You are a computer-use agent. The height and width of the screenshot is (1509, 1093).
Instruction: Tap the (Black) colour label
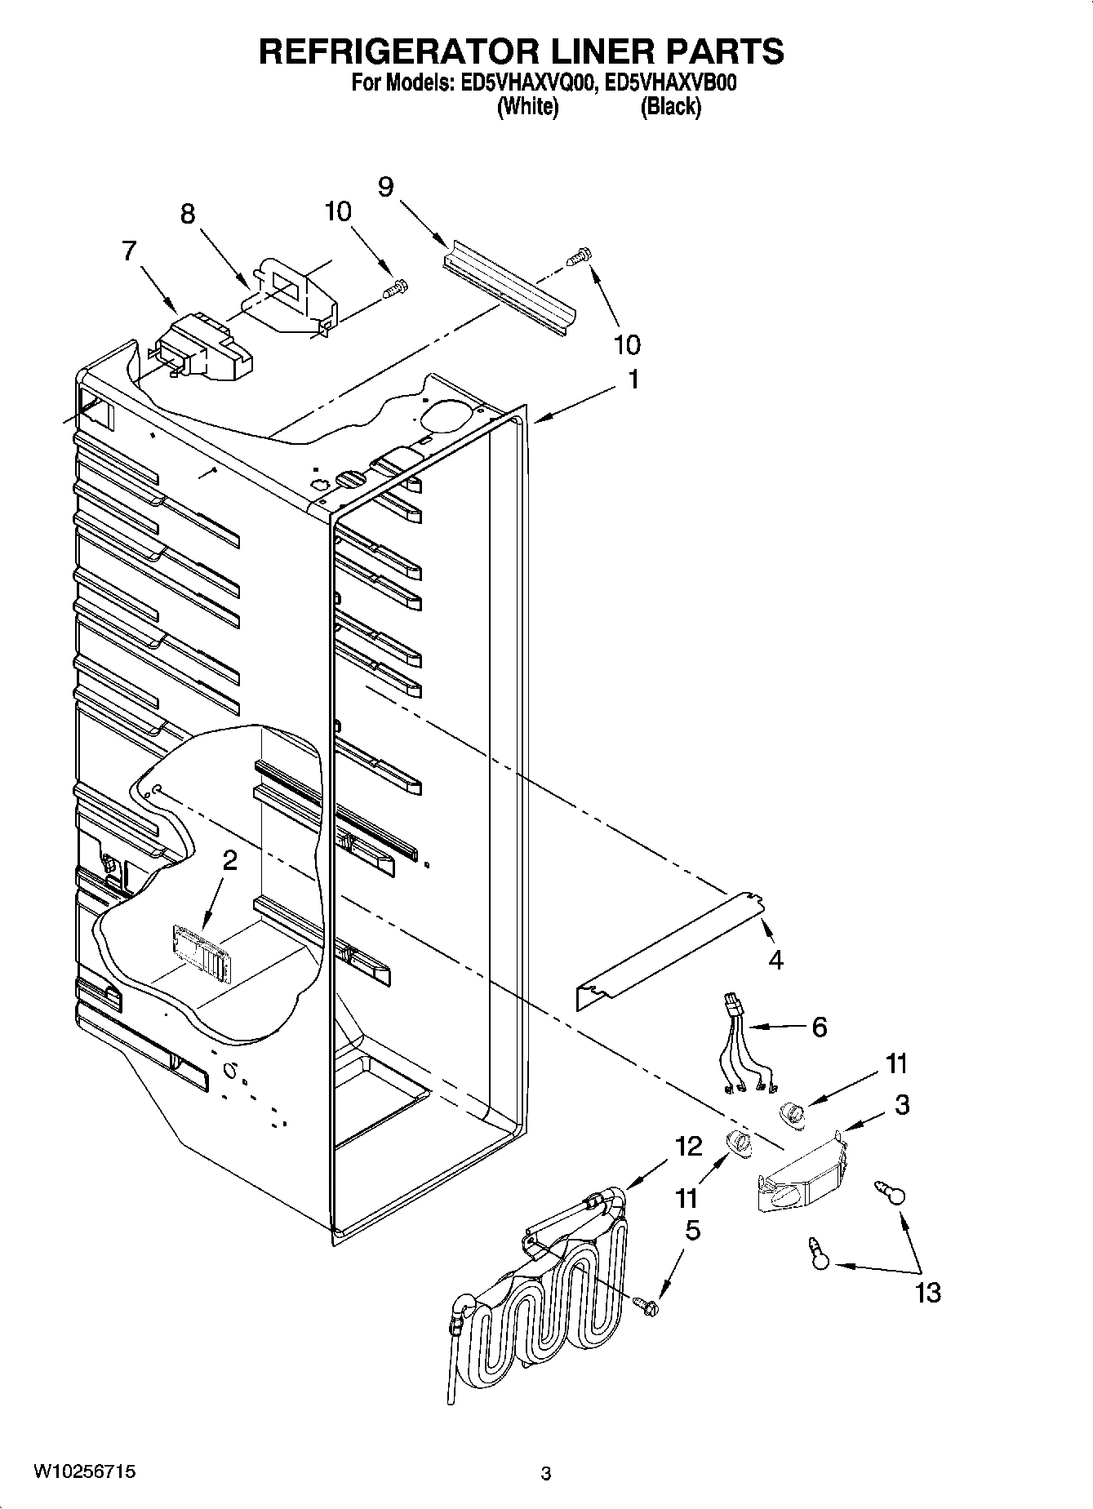pyautogui.click(x=670, y=107)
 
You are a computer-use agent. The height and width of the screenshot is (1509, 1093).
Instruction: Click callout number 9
pyautogui.click(x=385, y=187)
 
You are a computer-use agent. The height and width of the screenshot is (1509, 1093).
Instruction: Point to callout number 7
pyautogui.click(x=129, y=251)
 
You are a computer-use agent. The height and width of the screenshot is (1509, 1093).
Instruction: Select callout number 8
pyautogui.click(x=188, y=214)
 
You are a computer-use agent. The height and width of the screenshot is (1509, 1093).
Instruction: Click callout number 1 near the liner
pyautogui.click(x=633, y=380)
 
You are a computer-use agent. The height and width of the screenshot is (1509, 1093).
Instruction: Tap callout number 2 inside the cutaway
pyautogui.click(x=230, y=859)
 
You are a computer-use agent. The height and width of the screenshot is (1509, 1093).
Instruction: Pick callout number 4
pyautogui.click(x=775, y=960)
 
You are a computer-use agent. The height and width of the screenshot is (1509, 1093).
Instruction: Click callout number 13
pyautogui.click(x=928, y=1292)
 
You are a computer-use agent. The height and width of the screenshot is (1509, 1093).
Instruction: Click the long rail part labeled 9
pyautogui.click(x=510, y=286)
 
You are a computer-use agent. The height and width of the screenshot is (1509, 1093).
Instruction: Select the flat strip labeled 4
pyautogui.click(x=669, y=951)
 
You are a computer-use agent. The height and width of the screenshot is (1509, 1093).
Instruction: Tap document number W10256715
pyautogui.click(x=84, y=1472)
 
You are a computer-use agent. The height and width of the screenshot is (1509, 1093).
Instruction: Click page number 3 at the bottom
pyautogui.click(x=545, y=1474)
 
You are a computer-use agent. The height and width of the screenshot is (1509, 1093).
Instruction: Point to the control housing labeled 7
pyautogui.click(x=200, y=348)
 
